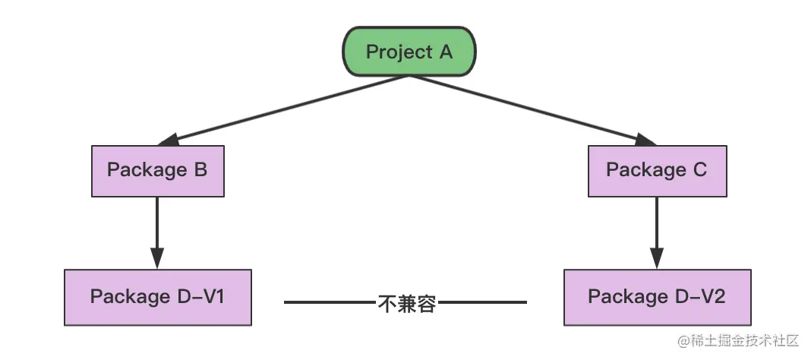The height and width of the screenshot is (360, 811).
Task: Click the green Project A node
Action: [x=409, y=52]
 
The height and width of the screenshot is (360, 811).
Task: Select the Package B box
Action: [x=157, y=170]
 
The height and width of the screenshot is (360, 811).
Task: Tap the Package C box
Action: [x=657, y=170]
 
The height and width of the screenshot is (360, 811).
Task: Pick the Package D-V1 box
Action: [x=157, y=297]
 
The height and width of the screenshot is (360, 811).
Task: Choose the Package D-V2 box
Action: [x=657, y=297]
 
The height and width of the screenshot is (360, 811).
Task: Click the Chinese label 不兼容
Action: [x=406, y=303]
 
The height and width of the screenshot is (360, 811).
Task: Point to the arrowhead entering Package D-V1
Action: [x=157, y=258]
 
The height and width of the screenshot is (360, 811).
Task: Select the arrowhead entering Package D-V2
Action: [x=657, y=258]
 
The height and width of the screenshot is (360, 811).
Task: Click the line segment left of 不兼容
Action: [x=330, y=302]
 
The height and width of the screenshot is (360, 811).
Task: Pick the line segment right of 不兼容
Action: [x=481, y=302]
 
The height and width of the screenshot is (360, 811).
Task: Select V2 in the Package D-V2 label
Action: [x=711, y=297]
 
